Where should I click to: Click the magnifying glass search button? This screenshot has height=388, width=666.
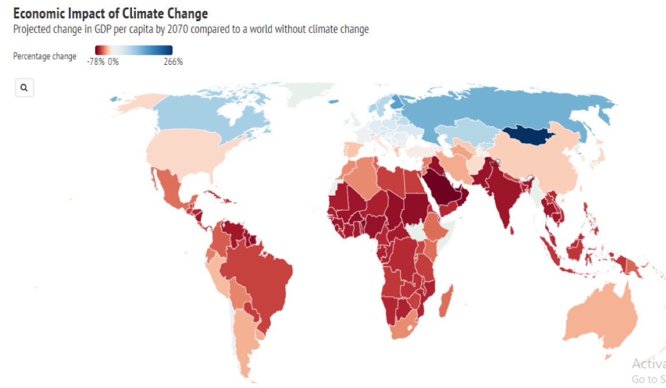(x=24, y=88)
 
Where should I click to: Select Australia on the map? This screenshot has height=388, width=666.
(x=603, y=319)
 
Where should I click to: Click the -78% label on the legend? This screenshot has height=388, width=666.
(x=95, y=62)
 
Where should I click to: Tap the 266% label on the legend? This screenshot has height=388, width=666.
(x=173, y=62)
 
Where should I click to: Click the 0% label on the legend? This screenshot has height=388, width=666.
(x=113, y=62)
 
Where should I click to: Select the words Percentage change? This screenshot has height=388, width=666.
(x=45, y=56)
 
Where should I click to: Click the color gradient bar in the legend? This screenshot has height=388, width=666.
(x=133, y=51)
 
